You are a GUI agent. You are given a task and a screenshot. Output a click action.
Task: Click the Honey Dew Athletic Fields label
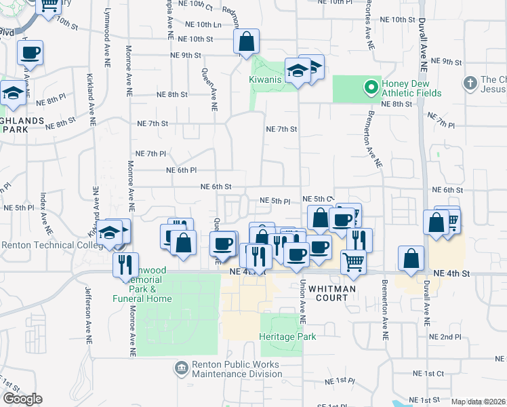tap(411, 88)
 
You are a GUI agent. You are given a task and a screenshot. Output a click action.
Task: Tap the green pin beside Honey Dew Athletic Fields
tap(371, 88)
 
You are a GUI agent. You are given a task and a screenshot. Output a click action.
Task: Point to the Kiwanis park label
tap(264, 80)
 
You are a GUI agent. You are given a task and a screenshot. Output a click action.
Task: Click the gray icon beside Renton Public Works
tap(181, 368)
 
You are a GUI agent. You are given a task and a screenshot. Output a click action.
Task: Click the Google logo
tap(22, 399)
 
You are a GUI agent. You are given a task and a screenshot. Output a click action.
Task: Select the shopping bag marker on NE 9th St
tap(246, 42)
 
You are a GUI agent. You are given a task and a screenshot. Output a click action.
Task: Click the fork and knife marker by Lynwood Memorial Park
tap(125, 265)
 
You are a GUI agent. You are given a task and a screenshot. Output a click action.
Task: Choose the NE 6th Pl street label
tap(180, 170)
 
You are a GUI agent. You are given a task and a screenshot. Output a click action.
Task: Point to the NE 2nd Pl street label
tap(445, 336)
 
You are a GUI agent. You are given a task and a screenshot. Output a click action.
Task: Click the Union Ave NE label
tap(303, 301)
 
